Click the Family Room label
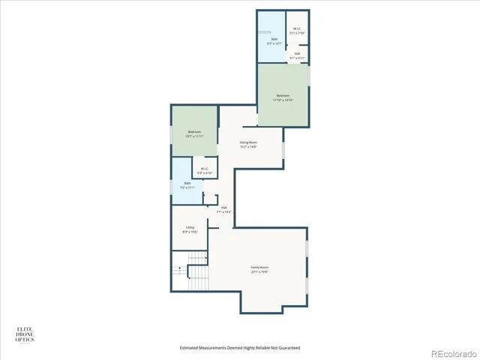coord(259,268)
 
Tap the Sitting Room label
coord(248,142)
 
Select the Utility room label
coord(190,227)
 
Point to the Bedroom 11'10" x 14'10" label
coord(283,96)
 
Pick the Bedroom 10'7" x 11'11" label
coord(194,132)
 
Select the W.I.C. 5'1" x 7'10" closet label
coord(297,31)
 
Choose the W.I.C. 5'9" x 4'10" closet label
coord(205,170)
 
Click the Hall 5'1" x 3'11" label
coord(297,55)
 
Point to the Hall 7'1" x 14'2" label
coord(223,209)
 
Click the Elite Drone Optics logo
coord(25,334)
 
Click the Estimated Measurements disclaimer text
coord(240,347)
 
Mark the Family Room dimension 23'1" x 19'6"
coord(259,271)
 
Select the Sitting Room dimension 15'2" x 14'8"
coord(248,146)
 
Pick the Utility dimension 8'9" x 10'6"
coord(190,232)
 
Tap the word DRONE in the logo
coord(25,334)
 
